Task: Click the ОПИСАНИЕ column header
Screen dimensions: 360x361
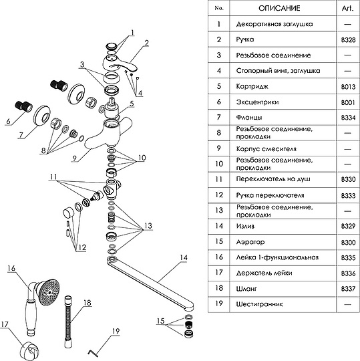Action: (x=279, y=8)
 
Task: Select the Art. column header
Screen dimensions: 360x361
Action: (x=347, y=8)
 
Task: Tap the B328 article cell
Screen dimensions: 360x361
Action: (x=348, y=40)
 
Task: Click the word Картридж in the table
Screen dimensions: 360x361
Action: (x=252, y=86)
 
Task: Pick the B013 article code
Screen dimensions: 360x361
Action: (x=348, y=87)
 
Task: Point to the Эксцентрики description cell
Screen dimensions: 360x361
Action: (x=257, y=102)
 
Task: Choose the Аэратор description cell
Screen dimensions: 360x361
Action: (x=250, y=242)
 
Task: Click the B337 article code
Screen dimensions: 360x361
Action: (x=348, y=289)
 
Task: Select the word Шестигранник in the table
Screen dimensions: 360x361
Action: (x=259, y=304)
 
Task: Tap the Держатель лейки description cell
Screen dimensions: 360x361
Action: (x=264, y=273)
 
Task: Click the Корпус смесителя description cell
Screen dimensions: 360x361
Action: (x=266, y=149)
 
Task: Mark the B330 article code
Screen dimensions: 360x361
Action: (x=348, y=179)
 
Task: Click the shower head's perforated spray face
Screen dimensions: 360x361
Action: (x=49, y=292)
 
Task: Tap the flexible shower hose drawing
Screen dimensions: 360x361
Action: (x=67, y=322)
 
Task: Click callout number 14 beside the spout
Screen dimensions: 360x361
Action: (x=183, y=257)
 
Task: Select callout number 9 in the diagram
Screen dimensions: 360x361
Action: (x=74, y=158)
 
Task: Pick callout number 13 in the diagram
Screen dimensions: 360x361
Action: (x=148, y=226)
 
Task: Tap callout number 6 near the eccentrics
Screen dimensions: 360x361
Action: (x=9, y=121)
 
